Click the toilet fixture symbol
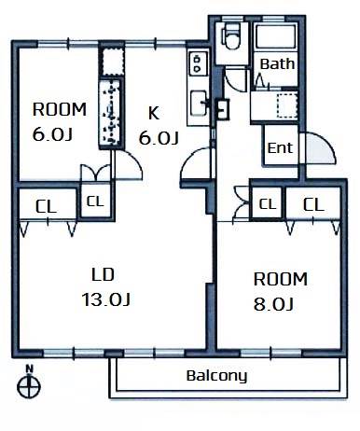231,35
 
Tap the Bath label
277,63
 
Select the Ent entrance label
280,148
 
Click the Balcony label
216,376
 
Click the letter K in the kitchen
154,113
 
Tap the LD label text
104,275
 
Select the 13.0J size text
105,299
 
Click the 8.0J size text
273,304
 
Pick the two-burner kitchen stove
197,63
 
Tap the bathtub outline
275,35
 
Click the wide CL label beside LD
46,206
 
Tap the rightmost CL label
313,205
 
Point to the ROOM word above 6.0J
60,109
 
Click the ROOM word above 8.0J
281,279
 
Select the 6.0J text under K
159,138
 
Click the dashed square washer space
286,105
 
